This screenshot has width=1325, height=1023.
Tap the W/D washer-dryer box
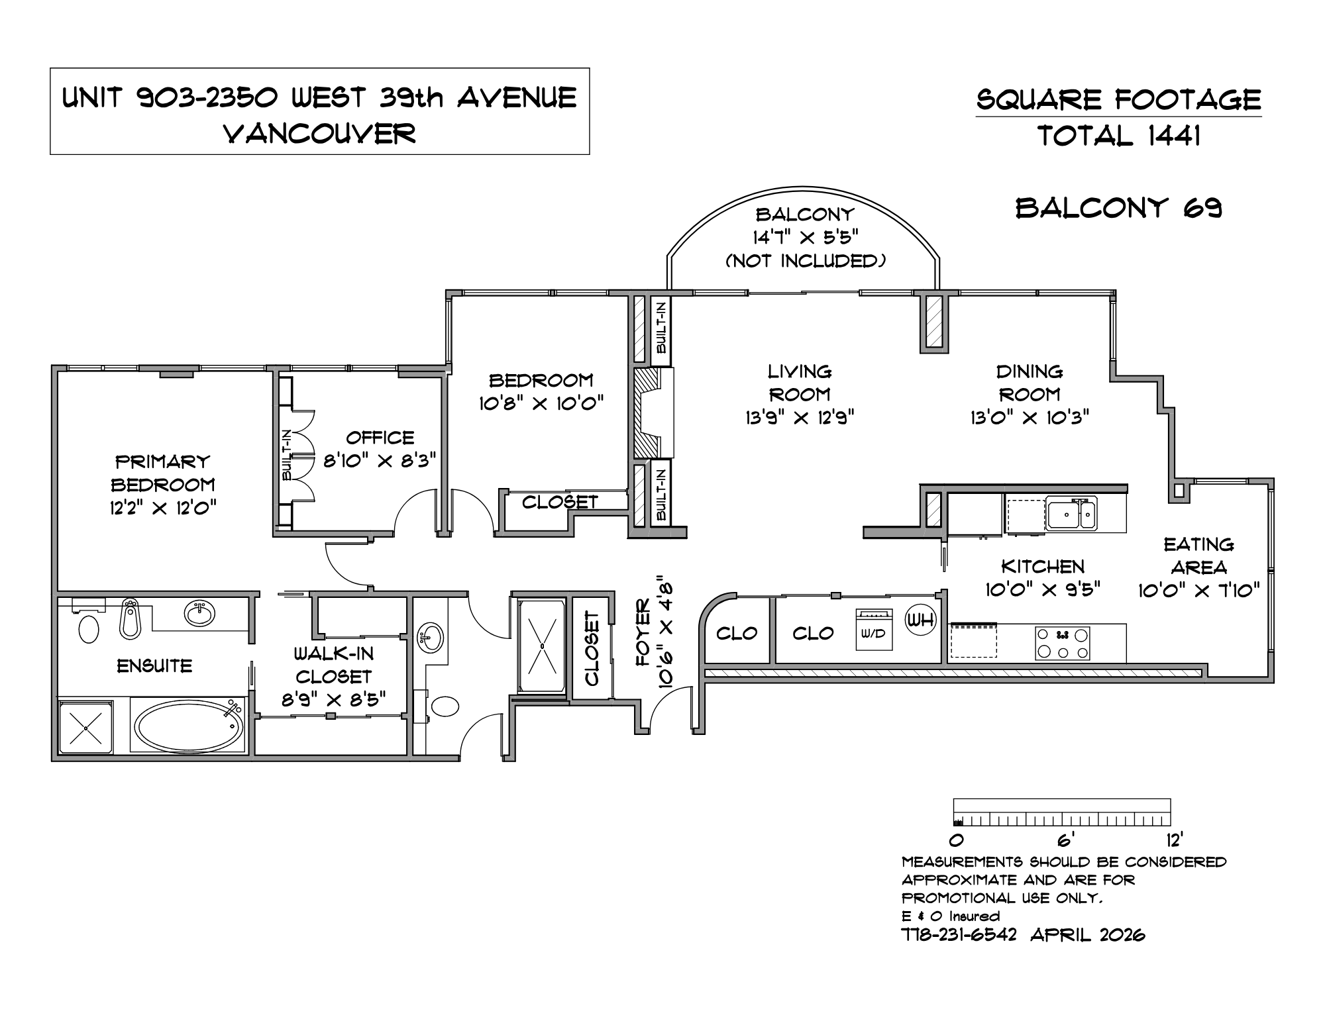pyautogui.click(x=874, y=630)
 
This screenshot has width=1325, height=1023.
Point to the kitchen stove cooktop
pyautogui.click(x=1063, y=643)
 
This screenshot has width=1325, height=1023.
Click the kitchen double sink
pyautogui.click(x=1071, y=514)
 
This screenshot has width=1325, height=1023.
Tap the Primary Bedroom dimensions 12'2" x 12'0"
pyautogui.click(x=164, y=509)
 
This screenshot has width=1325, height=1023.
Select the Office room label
pyautogui.click(x=380, y=438)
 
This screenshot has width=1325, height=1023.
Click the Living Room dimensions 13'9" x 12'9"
pyautogui.click(x=800, y=417)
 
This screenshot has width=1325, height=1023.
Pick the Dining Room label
pyautogui.click(x=1030, y=383)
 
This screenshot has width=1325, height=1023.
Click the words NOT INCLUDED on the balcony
pyautogui.click(x=806, y=261)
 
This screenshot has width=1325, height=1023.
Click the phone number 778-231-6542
pyautogui.click(x=959, y=934)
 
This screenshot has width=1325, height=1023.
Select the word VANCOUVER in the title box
pyautogui.click(x=320, y=134)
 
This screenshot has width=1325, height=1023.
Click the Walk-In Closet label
pyautogui.click(x=334, y=665)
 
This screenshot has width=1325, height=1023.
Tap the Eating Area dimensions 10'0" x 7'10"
pyautogui.click(x=1199, y=590)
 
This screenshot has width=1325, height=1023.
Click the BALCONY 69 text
pyautogui.click(x=1119, y=208)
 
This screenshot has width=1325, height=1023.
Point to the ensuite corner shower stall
pyautogui.click(x=86, y=727)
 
